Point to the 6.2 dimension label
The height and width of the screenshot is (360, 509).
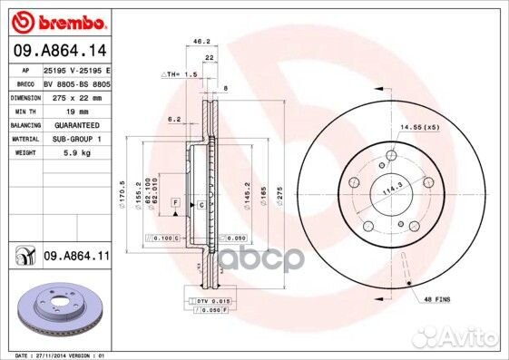point(174,119)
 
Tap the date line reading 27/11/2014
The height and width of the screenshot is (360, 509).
point(57,354)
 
